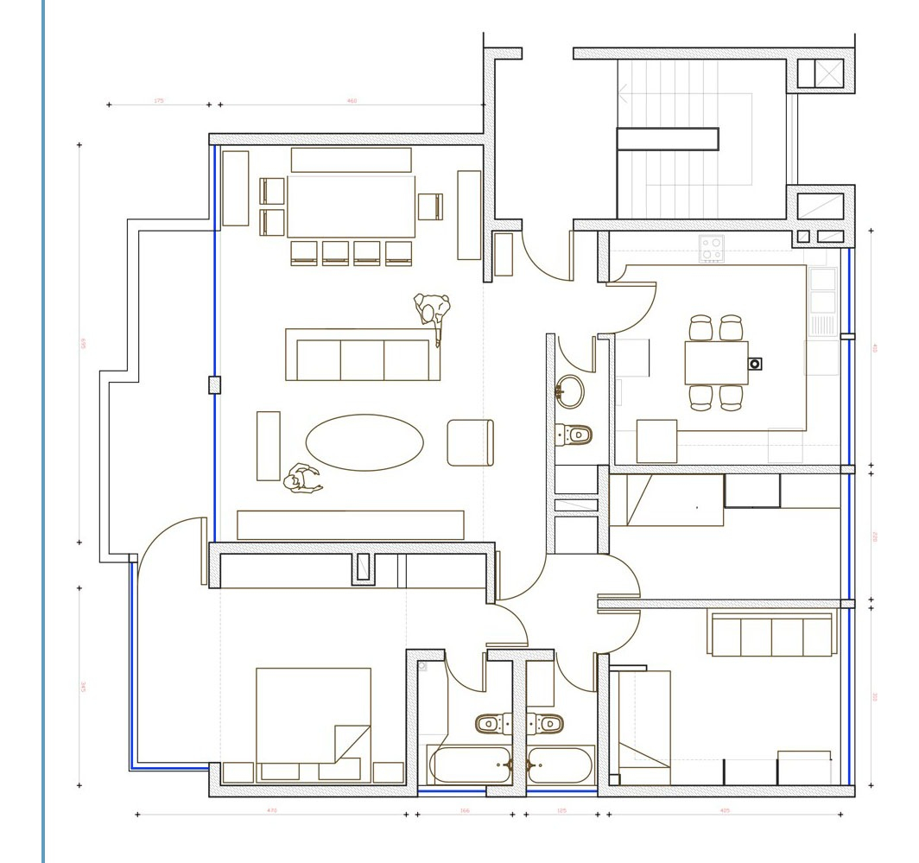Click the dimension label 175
[159, 101]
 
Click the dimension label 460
[352, 101]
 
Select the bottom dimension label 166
[465, 810]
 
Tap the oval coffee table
[364, 442]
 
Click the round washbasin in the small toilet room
[569, 391]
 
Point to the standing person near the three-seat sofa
[433, 313]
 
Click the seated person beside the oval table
[301, 479]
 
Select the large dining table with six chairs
[351, 206]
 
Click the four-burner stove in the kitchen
[712, 249]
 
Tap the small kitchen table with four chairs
[716, 363]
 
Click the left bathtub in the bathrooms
[470, 765]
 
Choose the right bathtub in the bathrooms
[560, 765]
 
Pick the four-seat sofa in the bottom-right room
[771, 635]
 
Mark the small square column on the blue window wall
[215, 385]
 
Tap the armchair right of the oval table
[470, 442]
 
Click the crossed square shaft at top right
[828, 73]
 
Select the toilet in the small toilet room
[574, 434]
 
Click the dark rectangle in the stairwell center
[668, 139]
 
